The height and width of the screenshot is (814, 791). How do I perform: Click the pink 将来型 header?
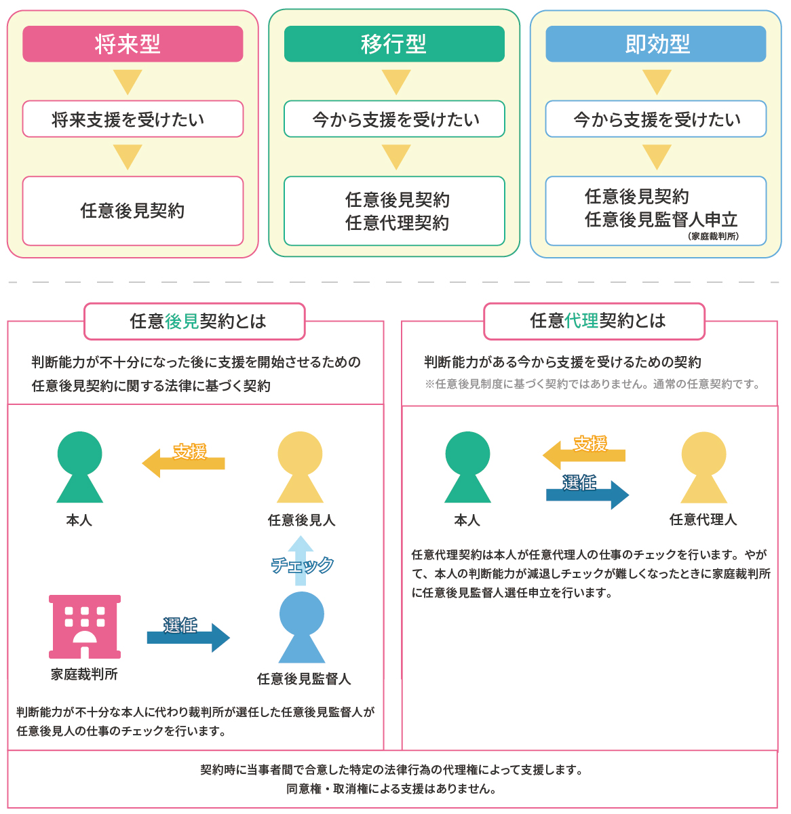point(132,44)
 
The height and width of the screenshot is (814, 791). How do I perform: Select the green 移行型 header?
point(394,44)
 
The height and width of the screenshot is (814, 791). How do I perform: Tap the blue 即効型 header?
point(655,44)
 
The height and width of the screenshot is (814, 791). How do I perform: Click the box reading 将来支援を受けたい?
point(132,119)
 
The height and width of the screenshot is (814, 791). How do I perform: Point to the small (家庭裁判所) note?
point(713,236)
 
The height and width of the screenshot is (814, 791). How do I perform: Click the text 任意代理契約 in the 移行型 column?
point(397,223)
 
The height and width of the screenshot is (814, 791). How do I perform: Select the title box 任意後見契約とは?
point(195,322)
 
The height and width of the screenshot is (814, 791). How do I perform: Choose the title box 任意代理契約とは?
point(594,322)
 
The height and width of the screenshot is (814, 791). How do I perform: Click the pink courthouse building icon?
point(85,627)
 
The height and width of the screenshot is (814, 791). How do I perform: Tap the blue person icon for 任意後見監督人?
point(302,627)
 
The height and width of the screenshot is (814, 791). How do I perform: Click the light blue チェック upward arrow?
point(301,560)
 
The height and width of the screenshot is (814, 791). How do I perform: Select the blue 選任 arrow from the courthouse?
point(188,638)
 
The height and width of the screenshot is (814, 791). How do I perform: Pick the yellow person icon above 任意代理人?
point(703,467)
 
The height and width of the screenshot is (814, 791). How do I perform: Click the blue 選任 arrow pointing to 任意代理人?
point(587,495)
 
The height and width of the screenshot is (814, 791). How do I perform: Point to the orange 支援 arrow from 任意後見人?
point(183,463)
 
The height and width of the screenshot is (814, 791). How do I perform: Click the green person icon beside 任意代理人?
point(467,467)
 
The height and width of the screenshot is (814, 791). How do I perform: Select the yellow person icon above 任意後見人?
point(300,467)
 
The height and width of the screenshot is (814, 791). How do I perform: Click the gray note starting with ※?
point(592,384)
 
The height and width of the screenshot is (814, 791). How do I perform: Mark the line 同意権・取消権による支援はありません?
point(391,789)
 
